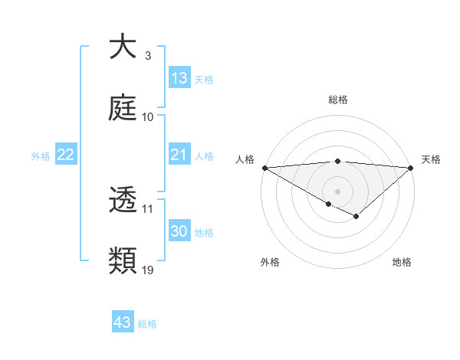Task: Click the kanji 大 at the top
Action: pyautogui.click(x=123, y=47)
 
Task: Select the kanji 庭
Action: pyautogui.click(x=123, y=108)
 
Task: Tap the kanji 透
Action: pyautogui.click(x=123, y=200)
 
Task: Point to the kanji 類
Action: pyautogui.click(x=123, y=261)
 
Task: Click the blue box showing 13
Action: pyautogui.click(x=179, y=78)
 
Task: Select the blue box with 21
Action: pyautogui.click(x=179, y=155)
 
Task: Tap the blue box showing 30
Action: pyautogui.click(x=179, y=231)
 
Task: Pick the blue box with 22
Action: pyautogui.click(x=66, y=155)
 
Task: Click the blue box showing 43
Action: pyautogui.click(x=123, y=322)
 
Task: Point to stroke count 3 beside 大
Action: pyautogui.click(x=147, y=56)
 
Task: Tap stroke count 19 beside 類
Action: pyautogui.click(x=148, y=270)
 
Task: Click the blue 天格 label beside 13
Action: pyautogui.click(x=204, y=79)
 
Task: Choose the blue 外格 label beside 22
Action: pyautogui.click(x=41, y=155)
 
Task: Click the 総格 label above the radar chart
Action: pyautogui.click(x=337, y=100)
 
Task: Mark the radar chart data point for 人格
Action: pyautogui.click(x=264, y=168)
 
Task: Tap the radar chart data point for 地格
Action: pyautogui.click(x=356, y=218)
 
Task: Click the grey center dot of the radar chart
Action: pyautogui.click(x=337, y=191)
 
